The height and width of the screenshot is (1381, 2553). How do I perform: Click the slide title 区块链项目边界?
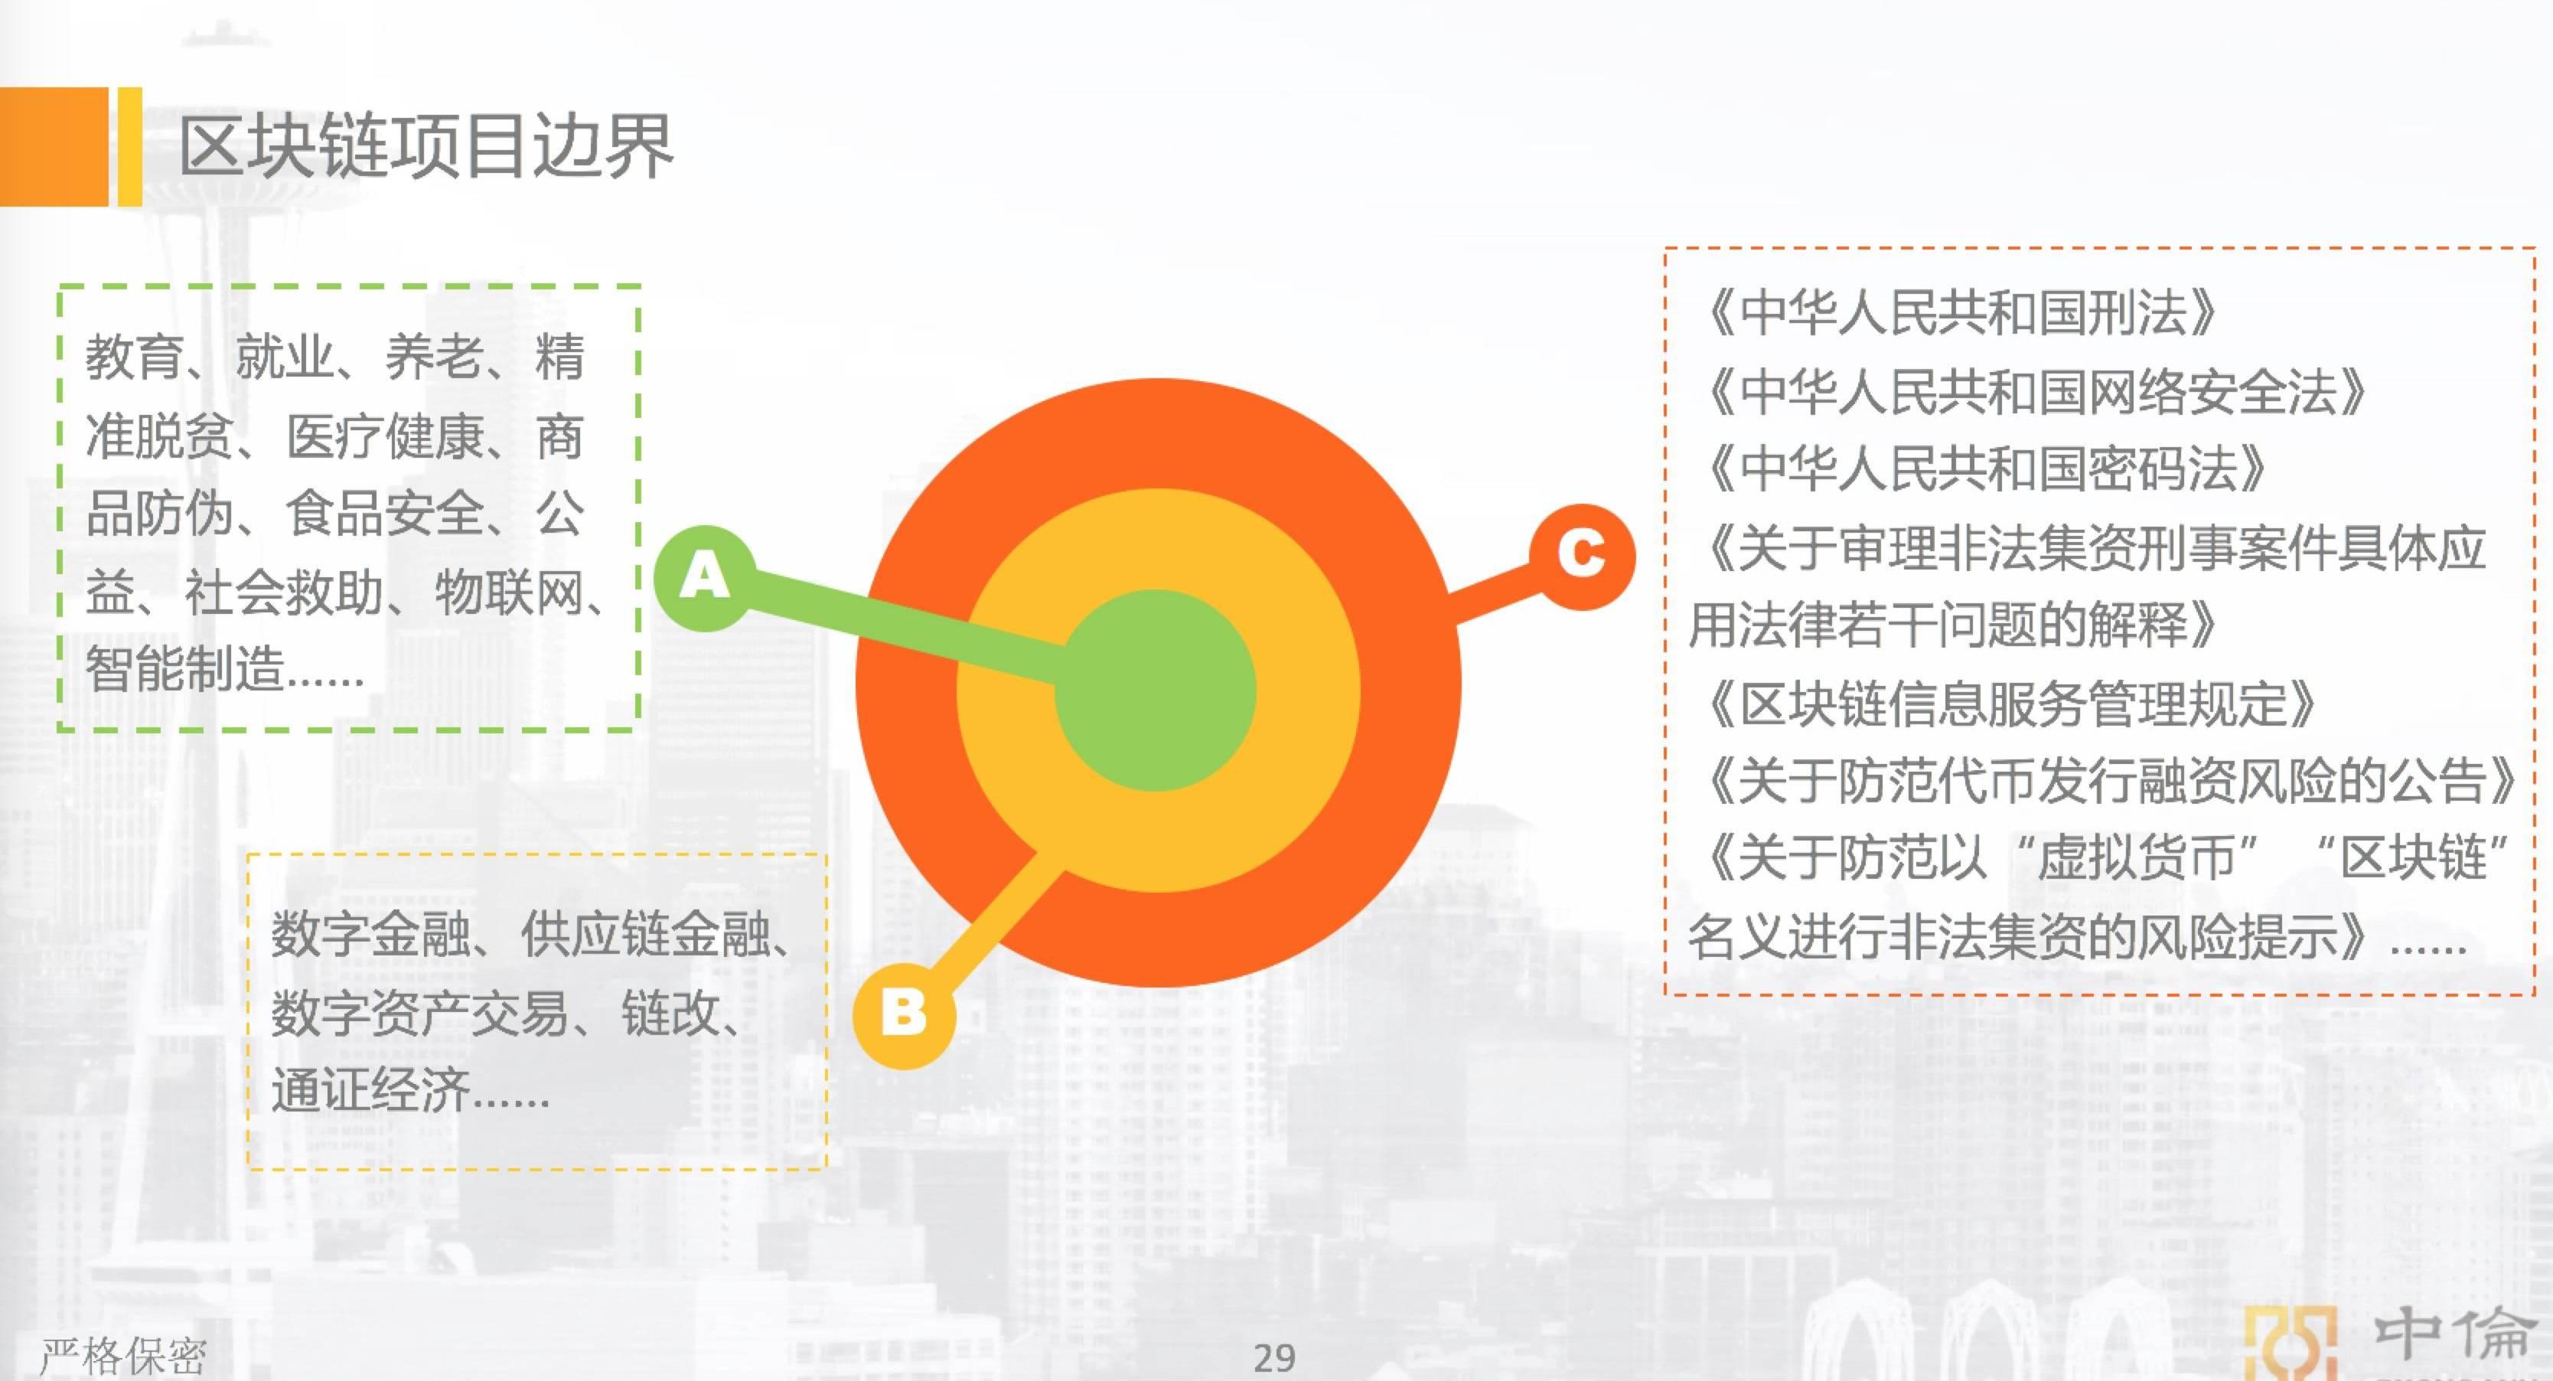426,147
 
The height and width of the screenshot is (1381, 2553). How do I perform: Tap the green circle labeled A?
705,578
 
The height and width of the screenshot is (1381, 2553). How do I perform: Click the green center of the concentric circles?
1156,690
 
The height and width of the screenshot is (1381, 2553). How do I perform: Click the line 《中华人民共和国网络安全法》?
2033,392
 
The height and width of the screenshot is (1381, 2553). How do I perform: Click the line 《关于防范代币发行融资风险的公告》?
2107,780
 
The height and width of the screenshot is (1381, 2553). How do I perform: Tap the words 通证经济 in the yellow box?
370,1092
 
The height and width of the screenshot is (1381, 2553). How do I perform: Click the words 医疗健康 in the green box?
384,436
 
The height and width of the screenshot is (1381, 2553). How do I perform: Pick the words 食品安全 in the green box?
384,513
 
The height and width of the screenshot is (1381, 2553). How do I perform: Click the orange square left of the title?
54,147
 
